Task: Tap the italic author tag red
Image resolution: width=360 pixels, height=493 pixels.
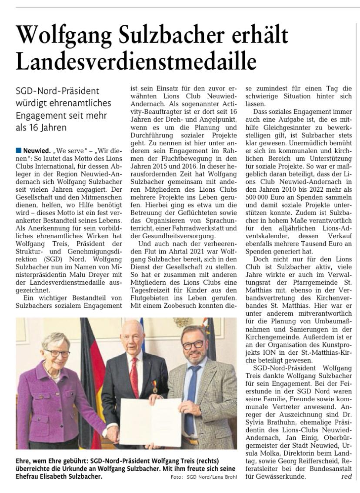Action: point(347,476)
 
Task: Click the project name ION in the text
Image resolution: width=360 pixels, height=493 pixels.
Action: point(277,350)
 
